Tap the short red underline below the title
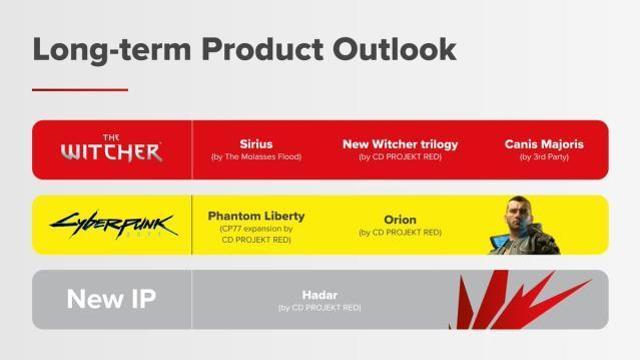[x=80, y=90]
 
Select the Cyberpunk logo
[x=112, y=224]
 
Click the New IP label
[x=111, y=299]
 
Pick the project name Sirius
[x=256, y=144]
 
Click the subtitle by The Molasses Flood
[x=256, y=158]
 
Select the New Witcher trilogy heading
[x=400, y=144]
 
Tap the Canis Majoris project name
[x=544, y=144]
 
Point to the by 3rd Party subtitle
[x=544, y=158]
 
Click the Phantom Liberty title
[x=256, y=215]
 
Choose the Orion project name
[x=400, y=219]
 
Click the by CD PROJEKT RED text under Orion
[x=400, y=233]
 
